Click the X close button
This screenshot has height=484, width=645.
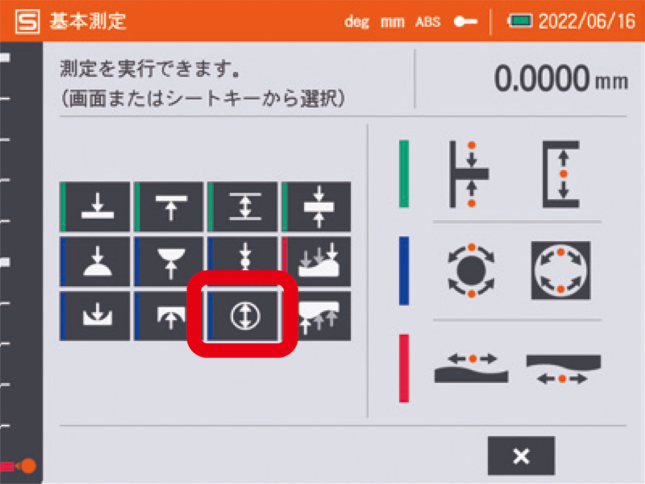coord(521,455)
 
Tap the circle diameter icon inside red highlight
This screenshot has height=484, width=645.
coord(245,315)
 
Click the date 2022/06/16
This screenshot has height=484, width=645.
coord(587,21)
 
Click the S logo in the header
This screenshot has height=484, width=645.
coord(27,21)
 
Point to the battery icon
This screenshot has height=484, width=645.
coord(520,20)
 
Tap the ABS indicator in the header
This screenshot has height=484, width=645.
coord(428,22)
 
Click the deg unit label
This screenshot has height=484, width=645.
coord(357,22)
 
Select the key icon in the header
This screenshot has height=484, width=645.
coord(465,21)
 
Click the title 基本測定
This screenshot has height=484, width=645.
coord(87,21)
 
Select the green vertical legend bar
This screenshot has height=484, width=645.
coord(404,174)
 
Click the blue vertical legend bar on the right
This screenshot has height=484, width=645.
coord(404,271)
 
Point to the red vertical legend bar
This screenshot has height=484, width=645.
coord(404,368)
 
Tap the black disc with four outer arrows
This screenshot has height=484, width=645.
coord(471,270)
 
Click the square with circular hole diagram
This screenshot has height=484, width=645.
coord(561,270)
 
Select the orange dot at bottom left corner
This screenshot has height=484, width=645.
coord(29,466)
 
